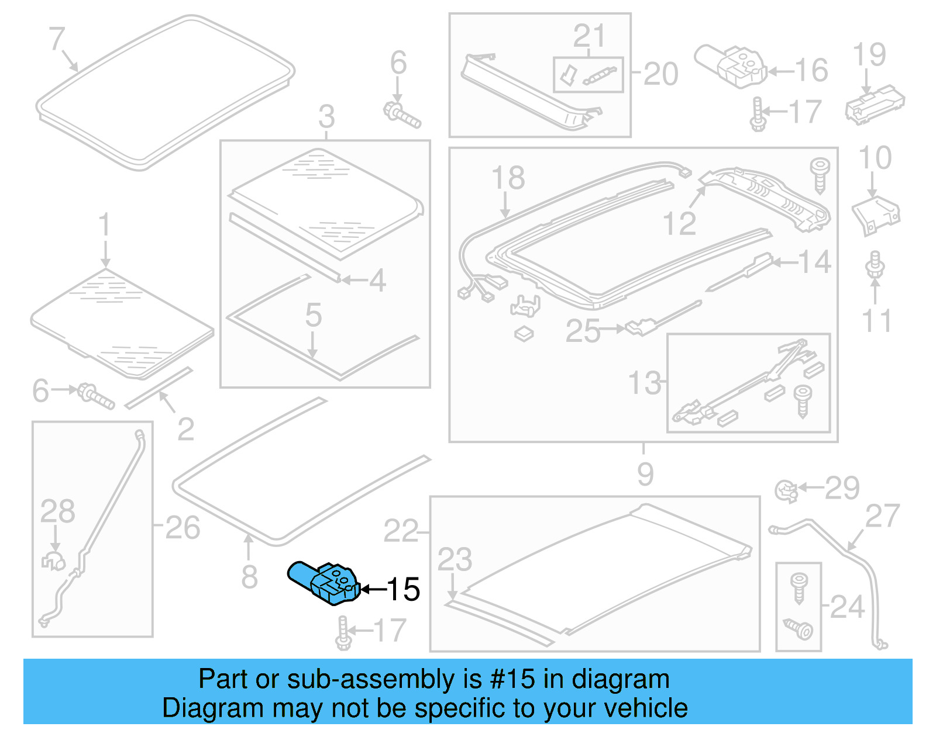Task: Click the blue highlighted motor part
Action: point(323,583)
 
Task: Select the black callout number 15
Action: point(404,589)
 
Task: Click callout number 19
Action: point(869,55)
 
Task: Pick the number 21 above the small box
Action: point(589,36)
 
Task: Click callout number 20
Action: point(661,74)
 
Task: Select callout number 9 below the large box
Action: point(645,474)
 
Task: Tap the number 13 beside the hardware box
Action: point(644,383)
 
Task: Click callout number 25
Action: point(583,331)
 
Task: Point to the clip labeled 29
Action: point(786,490)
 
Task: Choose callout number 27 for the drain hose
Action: point(882,516)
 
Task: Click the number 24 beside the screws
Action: point(846,607)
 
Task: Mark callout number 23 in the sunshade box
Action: point(455,559)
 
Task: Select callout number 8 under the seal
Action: point(249,577)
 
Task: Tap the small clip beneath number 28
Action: point(54,561)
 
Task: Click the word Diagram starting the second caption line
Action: point(198,708)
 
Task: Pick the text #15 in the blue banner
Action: point(512,679)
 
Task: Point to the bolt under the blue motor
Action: point(343,634)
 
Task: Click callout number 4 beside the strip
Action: point(377,281)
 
